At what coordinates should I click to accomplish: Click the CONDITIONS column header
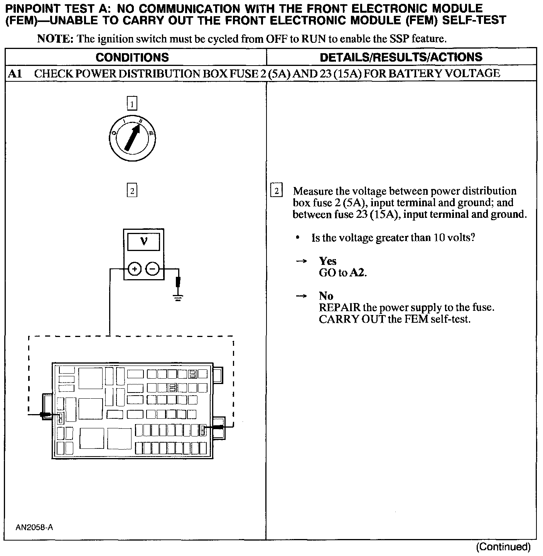pyautogui.click(x=132, y=57)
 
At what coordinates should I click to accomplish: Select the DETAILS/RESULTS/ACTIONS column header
pyautogui.click(x=401, y=57)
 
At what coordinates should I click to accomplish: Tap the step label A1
pyautogui.click(x=15, y=74)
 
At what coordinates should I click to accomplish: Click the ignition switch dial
pyautogui.click(x=132, y=137)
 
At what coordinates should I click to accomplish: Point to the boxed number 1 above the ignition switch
pyautogui.click(x=132, y=104)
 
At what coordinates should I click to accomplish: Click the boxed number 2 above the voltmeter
pyautogui.click(x=132, y=191)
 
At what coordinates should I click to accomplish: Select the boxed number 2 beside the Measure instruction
pyautogui.click(x=277, y=191)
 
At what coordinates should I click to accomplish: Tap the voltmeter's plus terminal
pyautogui.click(x=134, y=269)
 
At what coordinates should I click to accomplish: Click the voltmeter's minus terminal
pyautogui.click(x=153, y=269)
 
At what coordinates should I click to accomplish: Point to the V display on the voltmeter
pyautogui.click(x=143, y=241)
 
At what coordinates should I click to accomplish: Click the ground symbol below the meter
pyautogui.click(x=178, y=297)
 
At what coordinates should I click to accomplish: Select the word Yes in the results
pyautogui.click(x=327, y=261)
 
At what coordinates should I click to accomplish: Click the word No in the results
pyautogui.click(x=326, y=296)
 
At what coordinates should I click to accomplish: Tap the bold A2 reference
pyautogui.click(x=358, y=273)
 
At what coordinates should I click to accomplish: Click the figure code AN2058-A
pyautogui.click(x=34, y=527)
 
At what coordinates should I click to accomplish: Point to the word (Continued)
pyautogui.click(x=503, y=546)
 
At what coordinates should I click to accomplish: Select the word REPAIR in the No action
pyautogui.click(x=339, y=308)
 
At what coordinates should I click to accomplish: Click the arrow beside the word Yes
pyautogui.click(x=301, y=261)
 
